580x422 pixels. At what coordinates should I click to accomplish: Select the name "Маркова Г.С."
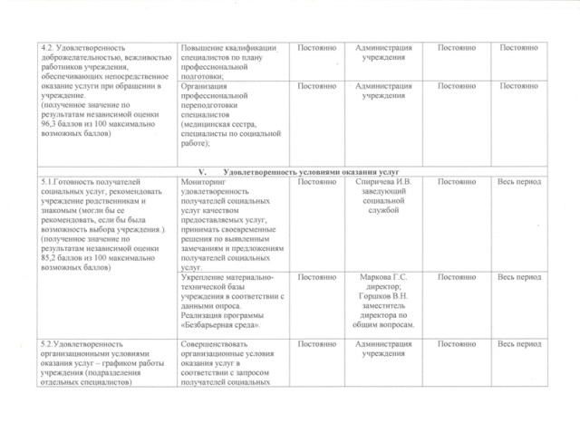pos(383,276)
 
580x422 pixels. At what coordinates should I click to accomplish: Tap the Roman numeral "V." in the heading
pos(206,171)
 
